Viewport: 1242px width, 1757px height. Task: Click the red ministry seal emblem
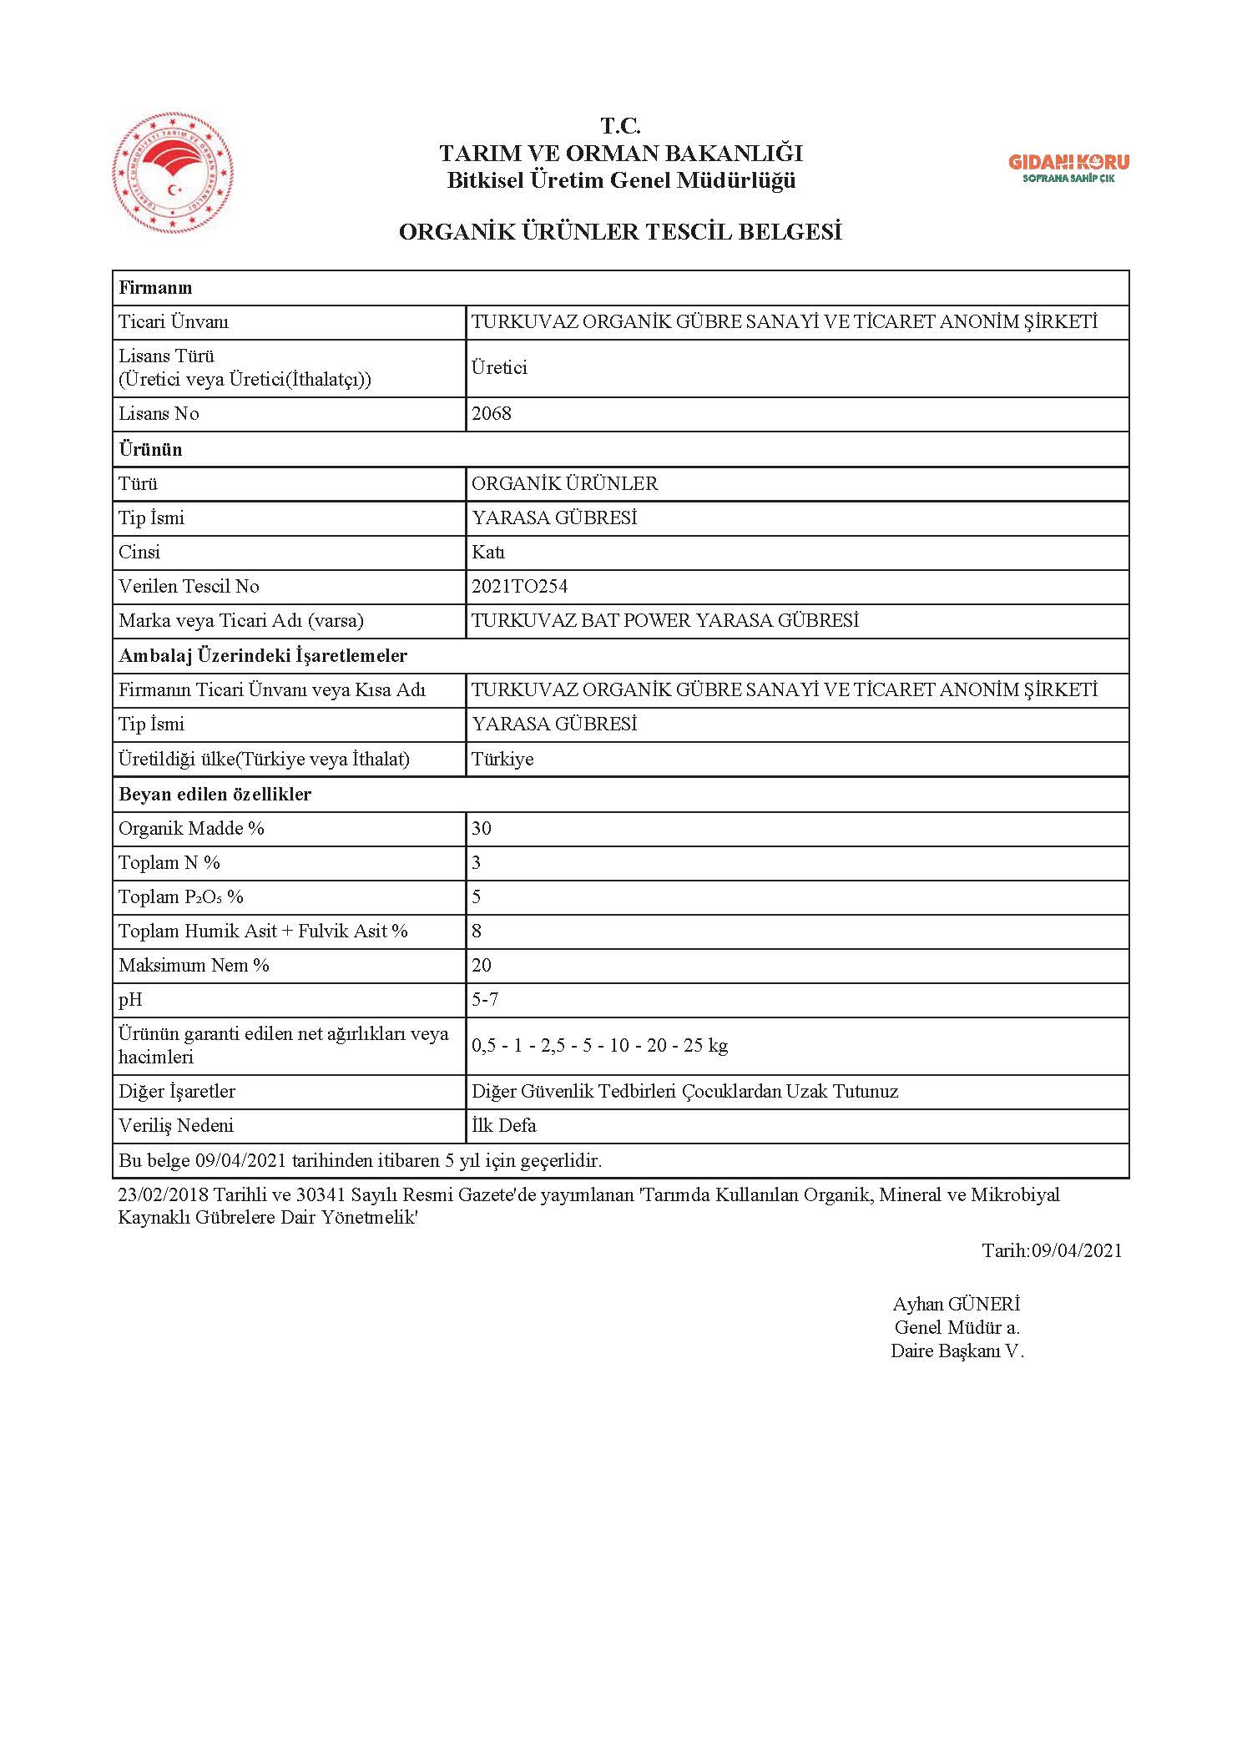(173, 176)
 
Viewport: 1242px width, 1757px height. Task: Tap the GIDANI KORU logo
(1068, 168)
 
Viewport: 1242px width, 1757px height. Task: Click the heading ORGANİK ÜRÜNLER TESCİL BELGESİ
(620, 232)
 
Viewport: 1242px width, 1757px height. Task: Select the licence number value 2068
(492, 414)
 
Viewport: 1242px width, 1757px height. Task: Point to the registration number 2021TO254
(519, 587)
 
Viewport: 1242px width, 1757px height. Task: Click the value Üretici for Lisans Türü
(499, 368)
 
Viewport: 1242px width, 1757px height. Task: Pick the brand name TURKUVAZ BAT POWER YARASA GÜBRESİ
(664, 621)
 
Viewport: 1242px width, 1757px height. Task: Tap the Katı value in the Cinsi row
(488, 553)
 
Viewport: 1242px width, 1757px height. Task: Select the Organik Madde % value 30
(482, 829)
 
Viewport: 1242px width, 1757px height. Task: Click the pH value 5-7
(485, 1000)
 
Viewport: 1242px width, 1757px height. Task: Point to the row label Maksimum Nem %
(194, 966)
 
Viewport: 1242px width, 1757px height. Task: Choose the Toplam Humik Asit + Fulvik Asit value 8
(477, 932)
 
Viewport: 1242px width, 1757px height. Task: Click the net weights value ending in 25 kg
(599, 1046)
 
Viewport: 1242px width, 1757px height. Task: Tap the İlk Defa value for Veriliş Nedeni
(504, 1126)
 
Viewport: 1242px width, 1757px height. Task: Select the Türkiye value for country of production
(502, 760)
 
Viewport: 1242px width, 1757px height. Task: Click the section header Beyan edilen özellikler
(215, 795)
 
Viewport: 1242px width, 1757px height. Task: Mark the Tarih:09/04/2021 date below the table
(1052, 1250)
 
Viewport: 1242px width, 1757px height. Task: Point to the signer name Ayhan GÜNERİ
(957, 1304)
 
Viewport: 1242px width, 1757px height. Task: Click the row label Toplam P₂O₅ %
(181, 897)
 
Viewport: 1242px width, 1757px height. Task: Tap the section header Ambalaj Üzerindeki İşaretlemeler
(263, 656)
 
